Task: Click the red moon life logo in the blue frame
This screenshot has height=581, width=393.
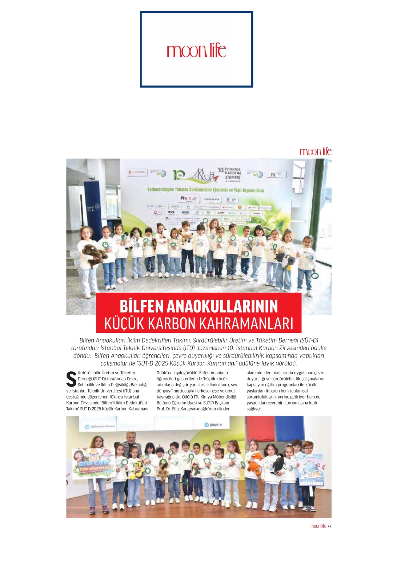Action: point(196,51)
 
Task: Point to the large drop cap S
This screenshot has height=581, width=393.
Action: point(71,379)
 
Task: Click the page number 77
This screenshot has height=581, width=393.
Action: point(329,526)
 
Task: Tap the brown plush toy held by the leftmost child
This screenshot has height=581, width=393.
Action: point(94,253)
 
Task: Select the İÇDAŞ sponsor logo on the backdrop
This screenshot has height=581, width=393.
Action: point(188,198)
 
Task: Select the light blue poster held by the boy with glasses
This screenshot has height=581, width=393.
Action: point(310,469)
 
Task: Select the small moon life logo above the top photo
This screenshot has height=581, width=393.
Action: point(315,152)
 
